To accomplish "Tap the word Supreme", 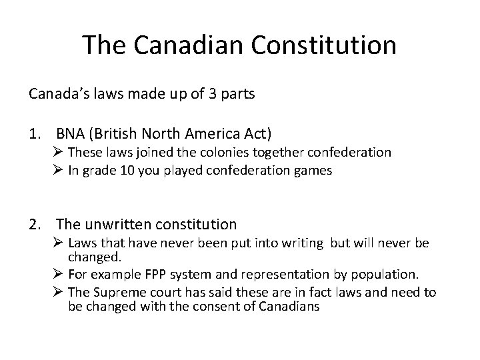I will [117, 293].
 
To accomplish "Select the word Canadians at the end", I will [287, 307].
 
